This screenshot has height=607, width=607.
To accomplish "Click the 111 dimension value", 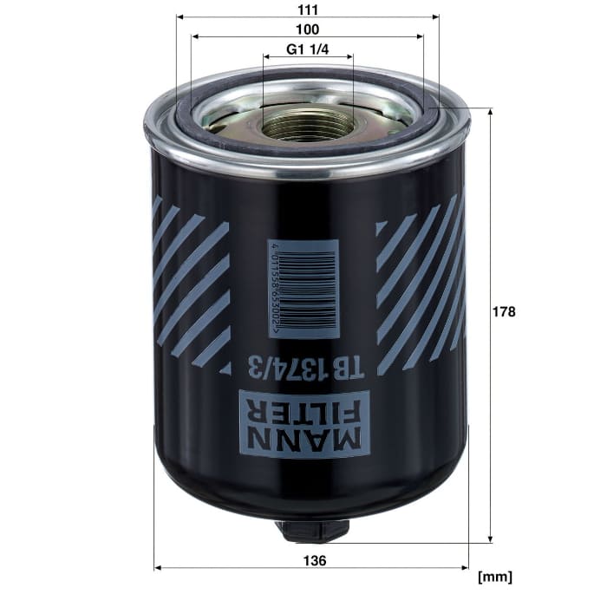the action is click(x=308, y=10).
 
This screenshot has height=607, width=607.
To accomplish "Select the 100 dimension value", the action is click(x=307, y=29).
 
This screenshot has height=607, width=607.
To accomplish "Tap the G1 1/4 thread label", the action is click(x=307, y=49).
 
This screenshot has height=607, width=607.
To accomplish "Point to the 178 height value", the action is click(x=504, y=311).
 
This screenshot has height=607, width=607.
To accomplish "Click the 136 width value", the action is click(x=315, y=560).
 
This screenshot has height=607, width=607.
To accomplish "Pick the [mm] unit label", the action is click(x=495, y=578).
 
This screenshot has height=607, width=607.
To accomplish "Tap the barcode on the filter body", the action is click(x=303, y=289).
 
